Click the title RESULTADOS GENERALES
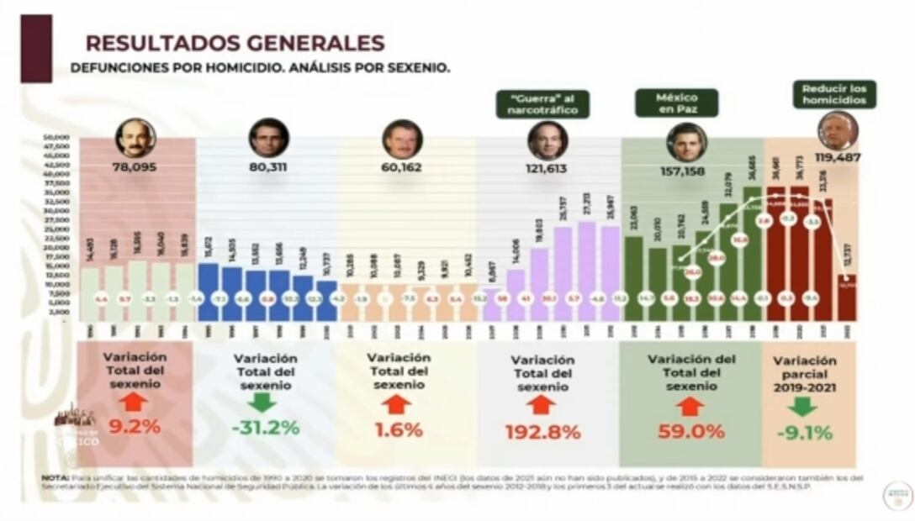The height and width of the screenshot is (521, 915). tap(235, 43)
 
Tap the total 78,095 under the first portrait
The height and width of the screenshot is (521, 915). tap(135, 167)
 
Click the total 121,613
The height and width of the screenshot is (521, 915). tap(547, 168)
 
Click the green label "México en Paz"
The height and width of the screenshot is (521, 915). tap(676, 103)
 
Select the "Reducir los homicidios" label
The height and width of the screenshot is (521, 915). tap(833, 94)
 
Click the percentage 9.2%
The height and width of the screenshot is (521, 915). tap(135, 426)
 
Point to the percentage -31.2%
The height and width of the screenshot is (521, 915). tap(265, 427)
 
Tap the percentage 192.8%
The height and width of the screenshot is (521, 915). tap(542, 433)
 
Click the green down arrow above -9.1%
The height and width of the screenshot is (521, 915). tap(803, 407)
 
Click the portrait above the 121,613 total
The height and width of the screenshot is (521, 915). tap(547, 140)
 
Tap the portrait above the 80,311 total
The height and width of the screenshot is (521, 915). tap(269, 138)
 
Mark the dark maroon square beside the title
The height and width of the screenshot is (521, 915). tap(36, 48)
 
